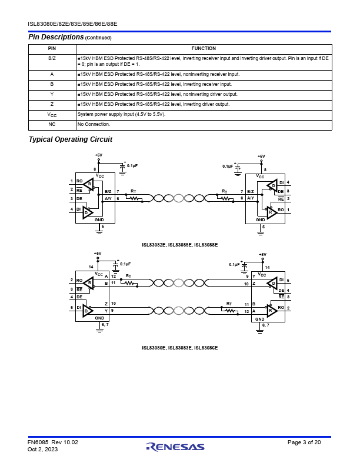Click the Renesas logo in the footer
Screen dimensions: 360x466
(x=175, y=447)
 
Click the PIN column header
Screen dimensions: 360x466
(x=52, y=48)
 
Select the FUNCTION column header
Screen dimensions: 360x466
(x=204, y=48)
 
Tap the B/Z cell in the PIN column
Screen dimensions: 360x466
(x=52, y=59)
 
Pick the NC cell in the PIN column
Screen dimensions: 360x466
(x=52, y=124)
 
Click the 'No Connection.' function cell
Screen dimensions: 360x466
(x=94, y=124)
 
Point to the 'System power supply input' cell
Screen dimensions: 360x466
(x=122, y=114)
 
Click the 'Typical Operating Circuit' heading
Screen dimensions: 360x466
(x=71, y=139)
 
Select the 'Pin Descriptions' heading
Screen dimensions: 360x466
(x=56, y=37)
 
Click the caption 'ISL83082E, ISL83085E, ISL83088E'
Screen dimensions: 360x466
(x=179, y=245)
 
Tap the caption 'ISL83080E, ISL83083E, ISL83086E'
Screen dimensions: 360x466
(x=179, y=348)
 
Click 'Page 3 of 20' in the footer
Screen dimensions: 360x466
(x=304, y=442)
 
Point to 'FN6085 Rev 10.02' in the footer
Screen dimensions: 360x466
(x=53, y=442)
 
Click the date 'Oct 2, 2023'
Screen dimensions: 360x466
(x=43, y=449)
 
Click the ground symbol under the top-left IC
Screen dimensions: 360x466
(x=99, y=231)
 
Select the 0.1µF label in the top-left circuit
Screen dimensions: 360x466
(x=132, y=165)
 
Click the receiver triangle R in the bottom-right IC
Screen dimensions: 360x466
(x=272, y=311)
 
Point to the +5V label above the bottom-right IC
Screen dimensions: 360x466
(x=262, y=255)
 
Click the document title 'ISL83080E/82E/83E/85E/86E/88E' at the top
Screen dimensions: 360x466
(x=72, y=24)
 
